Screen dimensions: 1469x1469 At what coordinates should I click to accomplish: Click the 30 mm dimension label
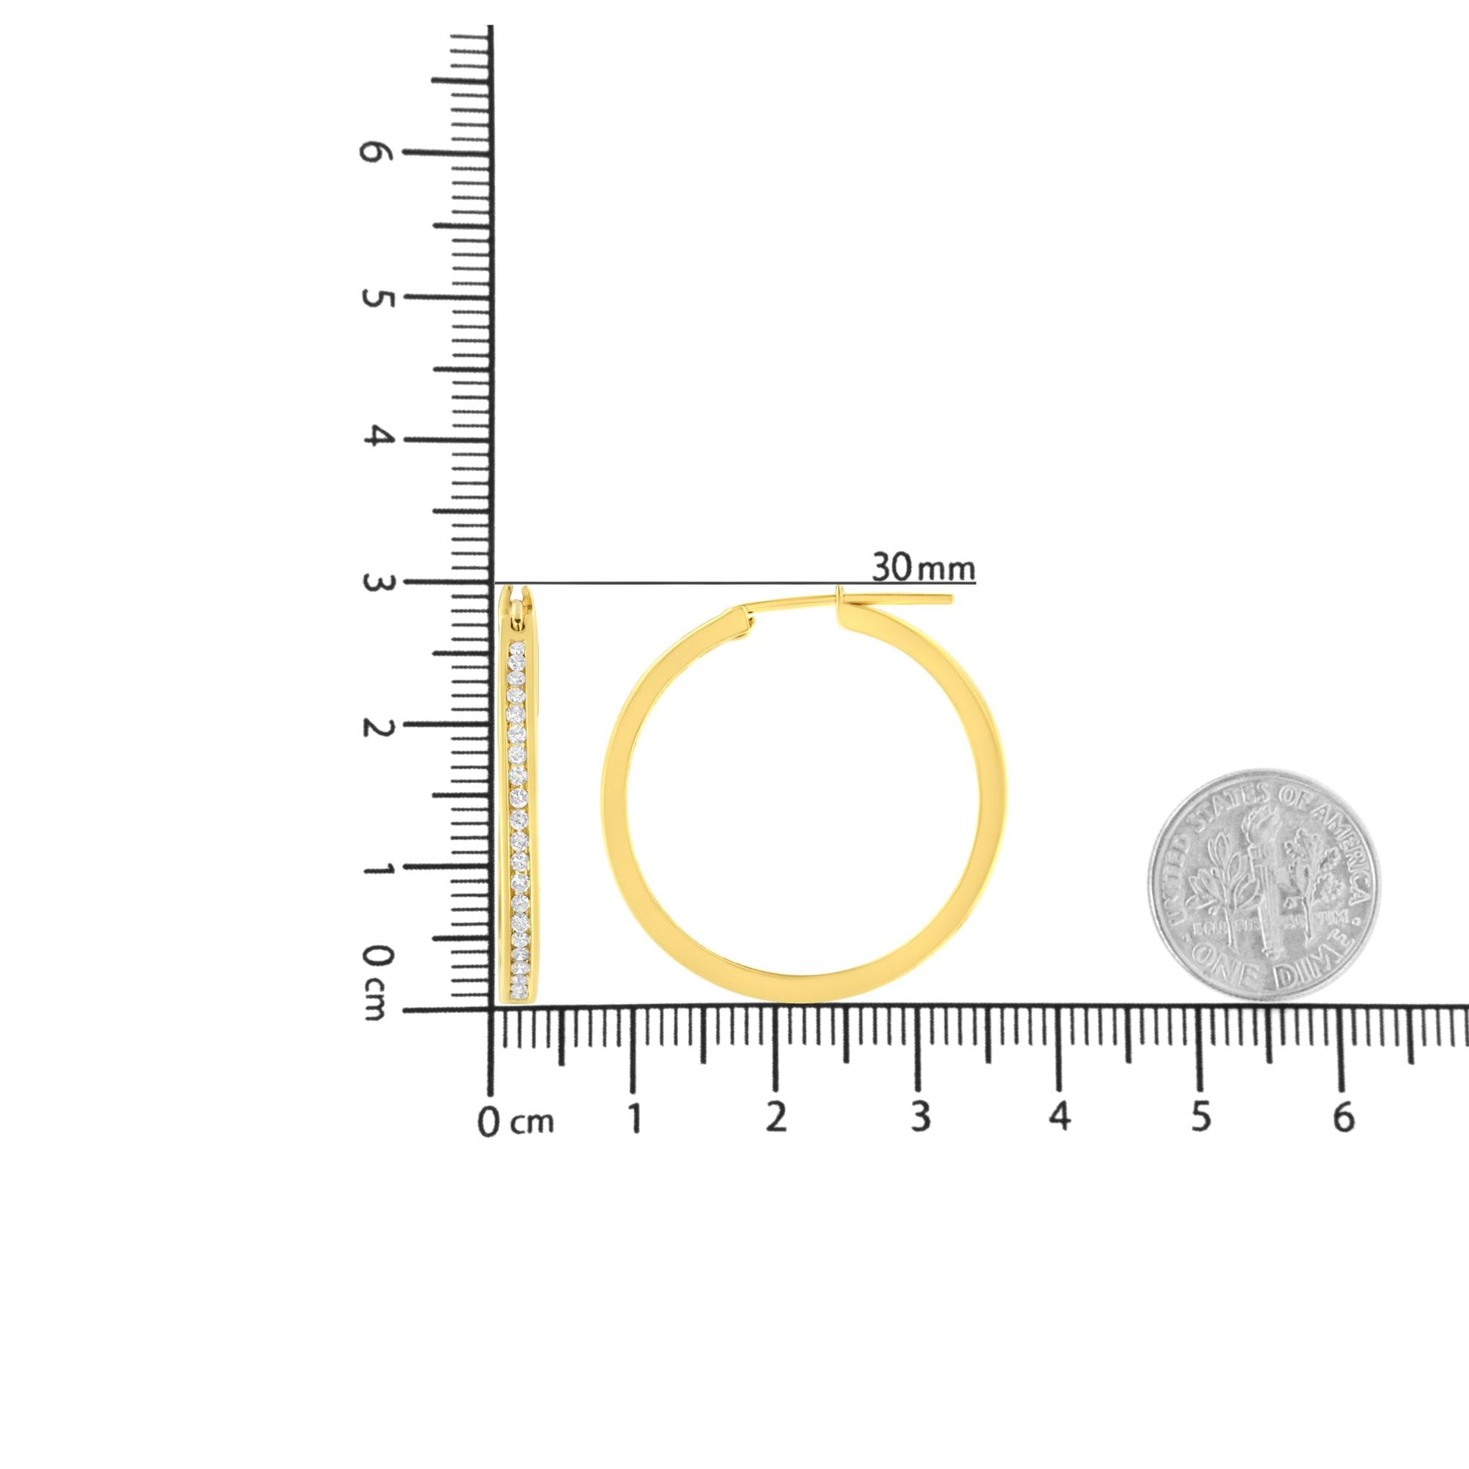point(922,567)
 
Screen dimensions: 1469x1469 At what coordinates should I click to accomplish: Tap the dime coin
point(1264,884)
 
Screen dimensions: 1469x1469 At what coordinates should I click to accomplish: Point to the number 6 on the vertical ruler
point(373,152)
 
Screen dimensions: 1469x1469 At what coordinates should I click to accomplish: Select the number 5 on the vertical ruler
point(373,297)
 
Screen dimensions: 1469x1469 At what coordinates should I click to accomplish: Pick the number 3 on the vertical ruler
point(373,583)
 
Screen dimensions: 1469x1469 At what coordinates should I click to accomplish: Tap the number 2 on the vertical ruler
point(373,726)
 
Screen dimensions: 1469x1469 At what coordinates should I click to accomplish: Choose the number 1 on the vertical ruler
point(373,867)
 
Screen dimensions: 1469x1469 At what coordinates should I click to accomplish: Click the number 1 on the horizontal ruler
point(634,1118)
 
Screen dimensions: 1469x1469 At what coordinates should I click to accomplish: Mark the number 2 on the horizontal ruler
point(775,1118)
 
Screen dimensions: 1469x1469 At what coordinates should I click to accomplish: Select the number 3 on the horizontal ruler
point(920,1118)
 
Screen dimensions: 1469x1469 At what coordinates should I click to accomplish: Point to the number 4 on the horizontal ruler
point(1060,1118)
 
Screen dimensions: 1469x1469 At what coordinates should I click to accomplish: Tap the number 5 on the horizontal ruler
point(1200,1118)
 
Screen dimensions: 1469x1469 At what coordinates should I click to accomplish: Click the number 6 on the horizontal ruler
point(1344,1118)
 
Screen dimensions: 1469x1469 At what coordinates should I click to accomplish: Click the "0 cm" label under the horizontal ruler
point(516,1123)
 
